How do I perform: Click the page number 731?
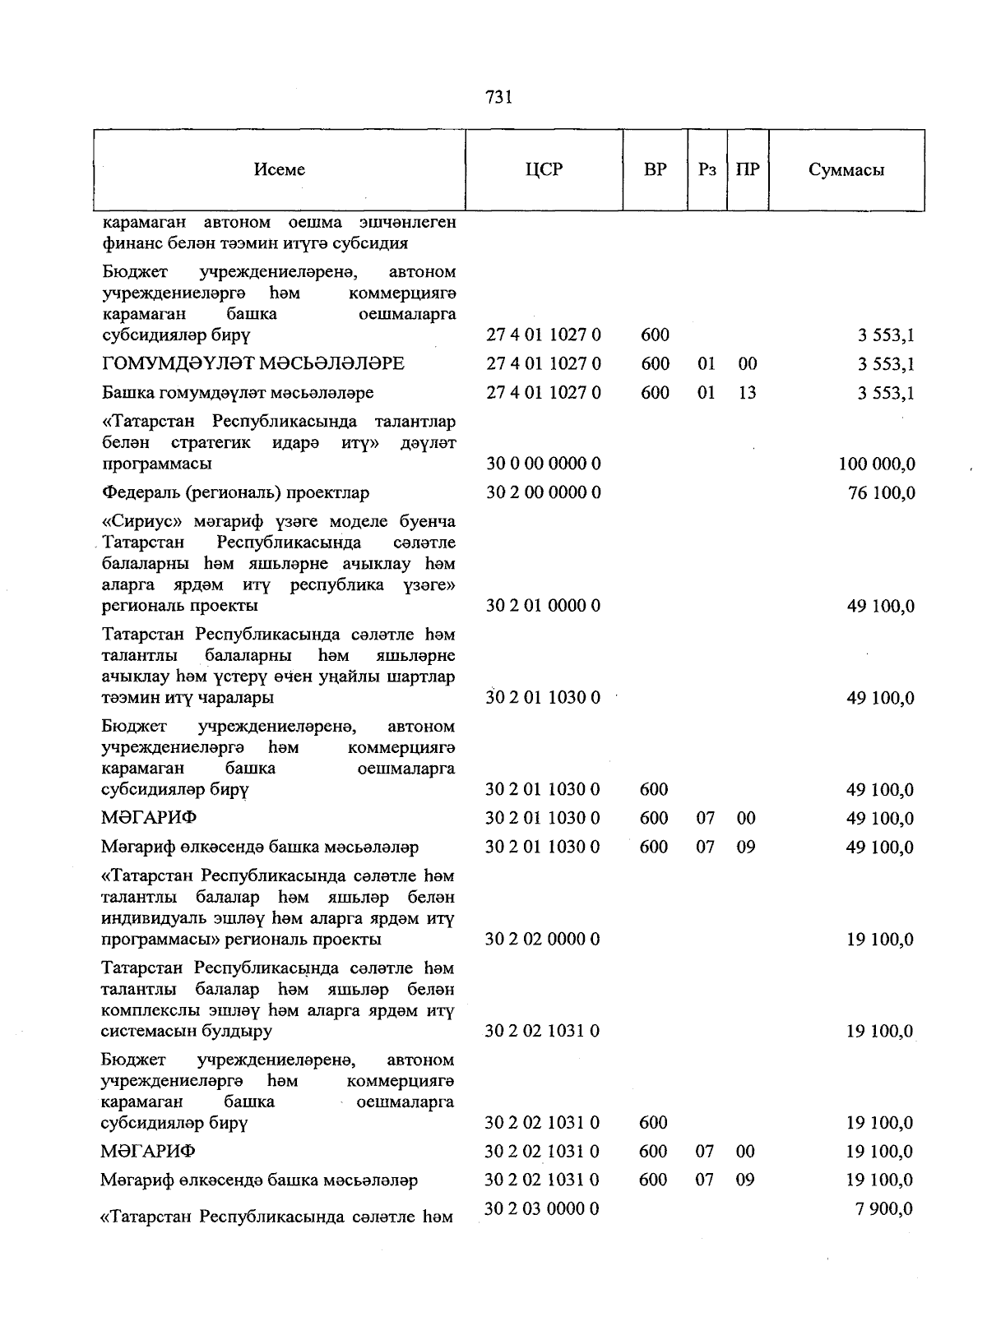tap(498, 97)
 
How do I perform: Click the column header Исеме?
tap(280, 169)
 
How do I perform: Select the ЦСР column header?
tap(544, 169)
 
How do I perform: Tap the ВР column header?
tap(655, 169)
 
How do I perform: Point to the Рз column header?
tap(707, 169)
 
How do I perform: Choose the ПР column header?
tap(747, 169)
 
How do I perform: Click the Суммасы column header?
tap(846, 169)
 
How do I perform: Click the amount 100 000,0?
tap(876, 464)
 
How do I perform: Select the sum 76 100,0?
tap(880, 493)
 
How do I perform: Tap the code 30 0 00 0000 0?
tap(543, 464)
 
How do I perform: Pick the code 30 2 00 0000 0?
tap(543, 492)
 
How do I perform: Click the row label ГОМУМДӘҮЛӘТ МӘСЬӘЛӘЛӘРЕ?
tap(253, 363)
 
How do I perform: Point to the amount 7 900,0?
tap(884, 1209)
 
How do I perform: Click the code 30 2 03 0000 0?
tap(542, 1208)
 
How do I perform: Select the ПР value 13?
tap(747, 393)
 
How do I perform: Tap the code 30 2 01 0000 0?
tap(543, 606)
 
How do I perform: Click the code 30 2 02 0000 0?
tap(542, 939)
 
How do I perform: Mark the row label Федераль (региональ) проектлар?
tap(235, 492)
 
